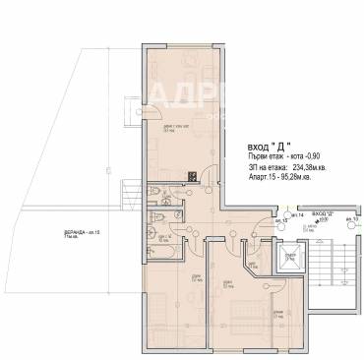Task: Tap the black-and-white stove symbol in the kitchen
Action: pyautogui.click(x=193, y=176)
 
